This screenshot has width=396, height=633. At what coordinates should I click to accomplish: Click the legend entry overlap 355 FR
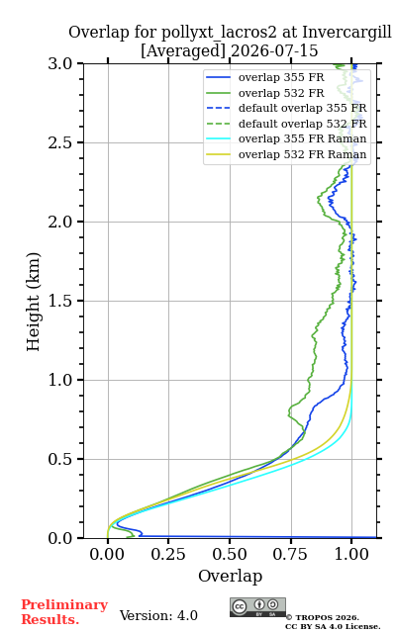pyautogui.click(x=265, y=77)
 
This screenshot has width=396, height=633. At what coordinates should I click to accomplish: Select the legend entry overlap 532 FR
pyautogui.click(x=265, y=93)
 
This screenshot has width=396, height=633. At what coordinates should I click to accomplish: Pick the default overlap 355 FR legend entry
pyautogui.click(x=286, y=108)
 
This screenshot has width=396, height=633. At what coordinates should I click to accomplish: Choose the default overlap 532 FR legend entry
pyautogui.click(x=286, y=124)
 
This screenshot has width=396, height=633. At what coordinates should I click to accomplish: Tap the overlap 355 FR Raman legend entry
pyautogui.click(x=286, y=138)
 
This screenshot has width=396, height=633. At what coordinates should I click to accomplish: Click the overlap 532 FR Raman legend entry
pyautogui.click(x=286, y=154)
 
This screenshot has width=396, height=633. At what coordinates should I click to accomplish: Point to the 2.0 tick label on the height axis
pyautogui.click(x=60, y=222)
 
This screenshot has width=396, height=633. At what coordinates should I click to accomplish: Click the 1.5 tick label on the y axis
pyautogui.click(x=60, y=301)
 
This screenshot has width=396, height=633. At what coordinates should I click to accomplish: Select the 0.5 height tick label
pyautogui.click(x=60, y=459)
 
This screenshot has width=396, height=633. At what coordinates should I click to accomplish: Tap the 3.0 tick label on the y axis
pyautogui.click(x=60, y=63)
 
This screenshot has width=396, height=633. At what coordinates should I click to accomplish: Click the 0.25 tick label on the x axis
pyautogui.click(x=168, y=554)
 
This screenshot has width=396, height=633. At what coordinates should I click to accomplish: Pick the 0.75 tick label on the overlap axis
pyautogui.click(x=290, y=554)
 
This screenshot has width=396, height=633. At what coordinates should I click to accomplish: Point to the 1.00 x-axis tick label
pyautogui.click(x=351, y=554)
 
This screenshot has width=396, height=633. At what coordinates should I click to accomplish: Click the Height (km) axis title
pyautogui.click(x=33, y=302)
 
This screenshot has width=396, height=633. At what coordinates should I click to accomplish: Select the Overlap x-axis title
pyautogui.click(x=231, y=576)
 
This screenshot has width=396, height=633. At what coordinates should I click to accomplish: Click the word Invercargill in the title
pyautogui.click(x=346, y=33)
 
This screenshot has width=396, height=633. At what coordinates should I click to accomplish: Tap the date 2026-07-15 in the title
pyautogui.click(x=274, y=50)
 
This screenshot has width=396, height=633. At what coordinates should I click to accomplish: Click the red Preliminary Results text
pyautogui.click(x=64, y=612)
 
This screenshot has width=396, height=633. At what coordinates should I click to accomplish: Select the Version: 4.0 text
pyautogui.click(x=158, y=615)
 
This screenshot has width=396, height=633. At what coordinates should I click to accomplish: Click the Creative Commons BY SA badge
pyautogui.click(x=257, y=607)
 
